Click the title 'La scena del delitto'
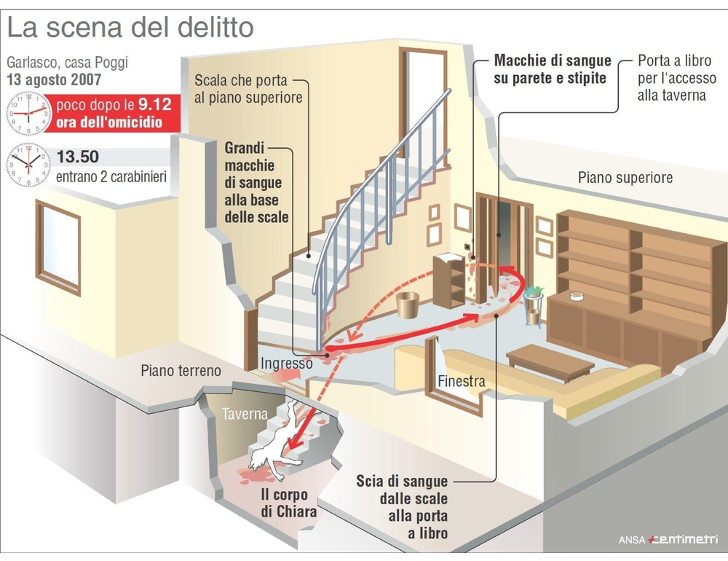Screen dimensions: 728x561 click(130, 28)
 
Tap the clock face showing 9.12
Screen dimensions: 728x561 click(29, 114)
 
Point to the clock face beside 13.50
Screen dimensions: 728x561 click(29, 165)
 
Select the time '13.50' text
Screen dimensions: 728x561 click(78, 157)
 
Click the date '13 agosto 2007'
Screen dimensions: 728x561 click(54, 79)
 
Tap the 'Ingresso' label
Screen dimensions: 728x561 click(286, 363)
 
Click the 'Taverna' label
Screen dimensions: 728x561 click(245, 414)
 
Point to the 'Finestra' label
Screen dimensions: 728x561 click(462, 381)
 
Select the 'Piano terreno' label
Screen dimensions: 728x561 click(181, 370)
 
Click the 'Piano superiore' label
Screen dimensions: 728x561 click(625, 178)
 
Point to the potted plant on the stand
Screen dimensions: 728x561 click(534, 292)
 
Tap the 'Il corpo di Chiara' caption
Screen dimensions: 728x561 click(289, 503)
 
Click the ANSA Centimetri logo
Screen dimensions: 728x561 click(668, 539)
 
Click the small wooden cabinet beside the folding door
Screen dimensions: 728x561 click(449, 280)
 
